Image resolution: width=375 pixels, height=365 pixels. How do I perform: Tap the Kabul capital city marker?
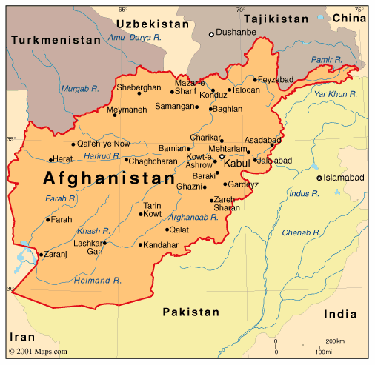222,156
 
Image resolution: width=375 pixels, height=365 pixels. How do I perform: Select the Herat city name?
63,160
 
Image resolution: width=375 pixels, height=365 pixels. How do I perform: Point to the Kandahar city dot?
140,245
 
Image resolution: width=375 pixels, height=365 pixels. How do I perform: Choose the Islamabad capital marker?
319,178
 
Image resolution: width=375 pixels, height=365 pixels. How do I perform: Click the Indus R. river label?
304,193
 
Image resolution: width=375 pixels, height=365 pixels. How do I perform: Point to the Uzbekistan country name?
151,24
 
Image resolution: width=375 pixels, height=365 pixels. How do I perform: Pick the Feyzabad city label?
275,79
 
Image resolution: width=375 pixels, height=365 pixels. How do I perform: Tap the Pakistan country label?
191,312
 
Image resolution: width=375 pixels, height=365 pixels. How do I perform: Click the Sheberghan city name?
139,87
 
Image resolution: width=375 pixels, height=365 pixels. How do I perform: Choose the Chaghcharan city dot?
127,160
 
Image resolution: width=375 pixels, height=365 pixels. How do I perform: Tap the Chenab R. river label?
301,233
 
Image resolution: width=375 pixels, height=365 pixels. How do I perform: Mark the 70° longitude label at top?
239,9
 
